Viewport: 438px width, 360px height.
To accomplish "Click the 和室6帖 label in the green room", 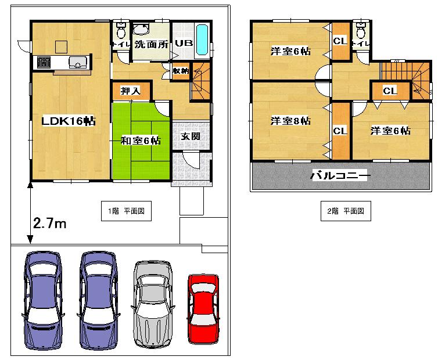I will tap(141, 140).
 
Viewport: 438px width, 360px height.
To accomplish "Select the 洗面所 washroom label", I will tap(150, 44).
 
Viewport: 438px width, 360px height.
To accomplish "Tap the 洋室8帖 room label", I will tap(290, 121).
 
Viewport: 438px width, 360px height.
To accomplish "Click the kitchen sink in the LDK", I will tap(78, 62).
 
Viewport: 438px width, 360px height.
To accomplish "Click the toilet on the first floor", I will tap(121, 28).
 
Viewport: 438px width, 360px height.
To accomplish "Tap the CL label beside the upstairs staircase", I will tap(390, 91).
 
